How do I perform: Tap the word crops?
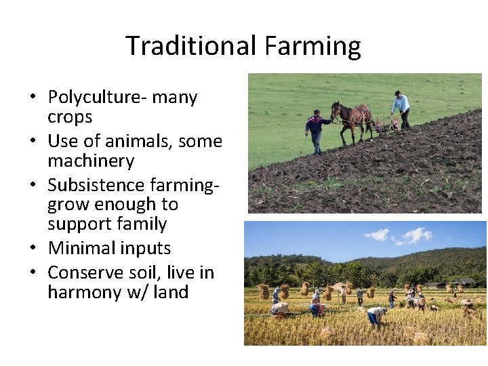pos(70,117)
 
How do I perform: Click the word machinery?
pos(91,161)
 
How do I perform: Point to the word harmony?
pos(88,293)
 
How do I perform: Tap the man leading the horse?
pos(314,130)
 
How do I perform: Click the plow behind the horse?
pos(387,125)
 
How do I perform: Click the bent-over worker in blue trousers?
pos(373,316)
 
